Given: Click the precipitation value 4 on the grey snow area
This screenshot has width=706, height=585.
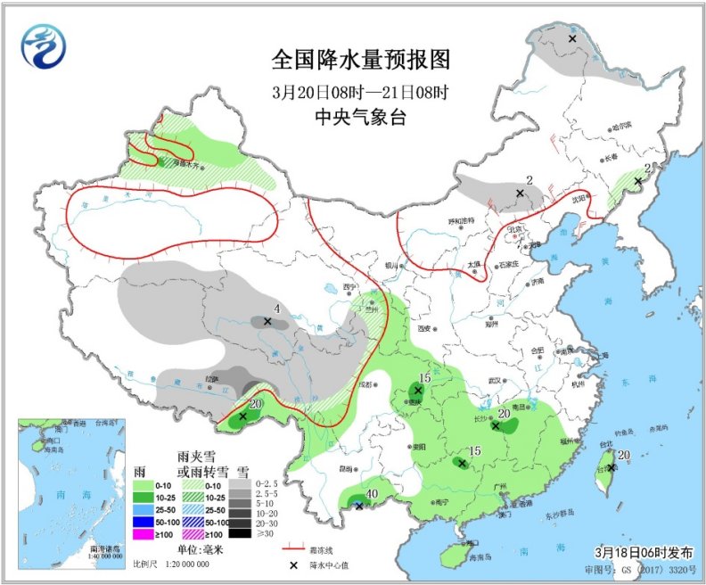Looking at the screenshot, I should pos(277,309).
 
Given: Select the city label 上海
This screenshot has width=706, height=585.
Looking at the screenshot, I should pos(604,356).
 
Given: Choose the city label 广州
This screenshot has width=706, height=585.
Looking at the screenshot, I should pos(505,485).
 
